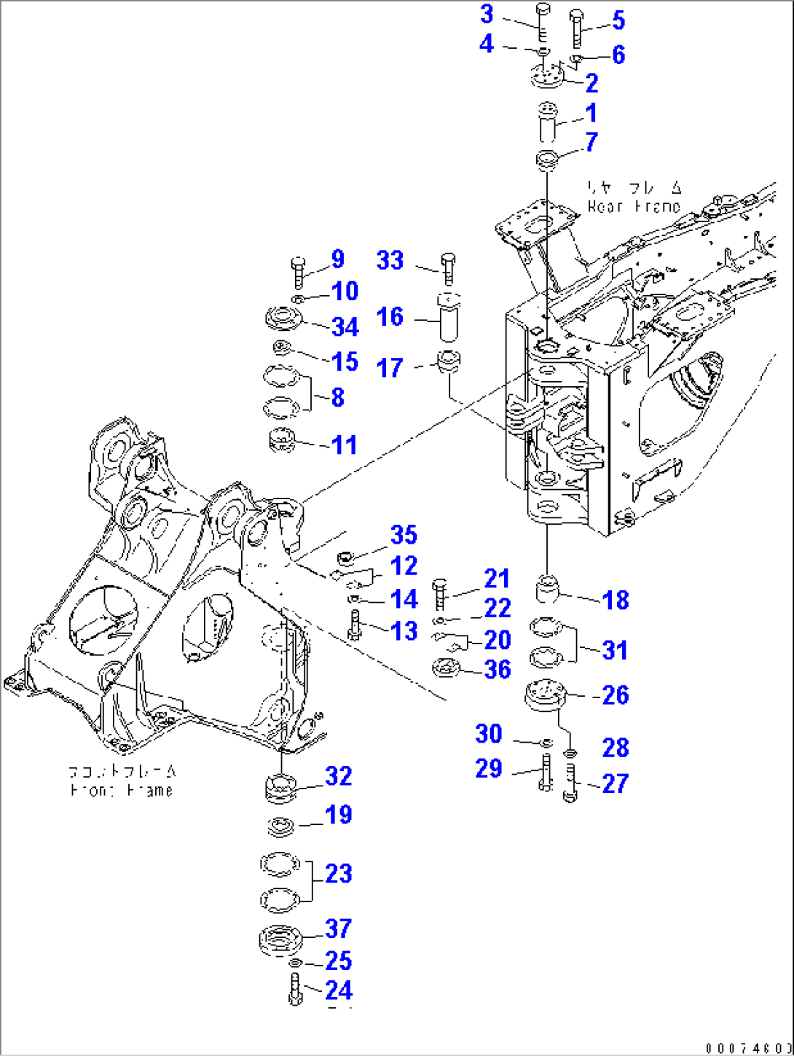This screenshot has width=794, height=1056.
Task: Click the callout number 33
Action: (x=390, y=260)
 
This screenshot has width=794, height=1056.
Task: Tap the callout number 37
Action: (x=339, y=928)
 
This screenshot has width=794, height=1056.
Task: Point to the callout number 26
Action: (x=616, y=695)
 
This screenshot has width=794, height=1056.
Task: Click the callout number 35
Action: (x=404, y=535)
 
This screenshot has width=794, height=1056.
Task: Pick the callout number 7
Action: (x=591, y=142)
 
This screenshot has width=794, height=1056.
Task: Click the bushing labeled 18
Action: (x=547, y=589)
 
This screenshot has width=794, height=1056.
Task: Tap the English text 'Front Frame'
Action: (x=122, y=790)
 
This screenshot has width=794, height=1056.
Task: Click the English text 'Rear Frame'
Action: (x=634, y=207)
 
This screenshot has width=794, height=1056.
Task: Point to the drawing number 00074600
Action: (x=748, y=1048)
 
